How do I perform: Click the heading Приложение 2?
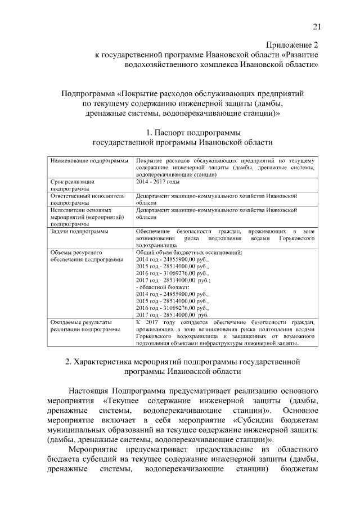pos(292,44)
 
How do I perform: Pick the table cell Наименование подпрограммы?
pos(89,161)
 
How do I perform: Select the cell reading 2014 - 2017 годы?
pos(157,182)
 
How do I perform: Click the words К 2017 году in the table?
pos(155,322)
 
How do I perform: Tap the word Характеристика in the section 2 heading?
pos(106,361)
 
